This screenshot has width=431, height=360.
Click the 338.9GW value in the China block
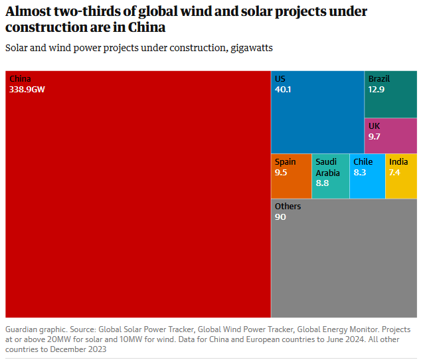[27, 89]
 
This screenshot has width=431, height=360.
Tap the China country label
[20, 79]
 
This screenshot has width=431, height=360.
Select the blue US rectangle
[317, 123]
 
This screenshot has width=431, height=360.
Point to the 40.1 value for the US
[283, 89]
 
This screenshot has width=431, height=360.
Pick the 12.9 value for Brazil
[377, 89]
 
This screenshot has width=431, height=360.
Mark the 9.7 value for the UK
[375, 136]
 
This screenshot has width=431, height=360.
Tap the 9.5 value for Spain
[281, 173]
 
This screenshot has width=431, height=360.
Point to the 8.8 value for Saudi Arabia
[322, 183]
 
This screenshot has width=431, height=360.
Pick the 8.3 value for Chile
[359, 173]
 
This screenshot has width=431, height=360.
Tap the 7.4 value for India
[394, 173]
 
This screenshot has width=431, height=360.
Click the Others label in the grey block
[288, 207]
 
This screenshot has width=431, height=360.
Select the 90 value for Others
[280, 217]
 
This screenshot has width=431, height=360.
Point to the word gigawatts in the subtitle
[248, 48]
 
